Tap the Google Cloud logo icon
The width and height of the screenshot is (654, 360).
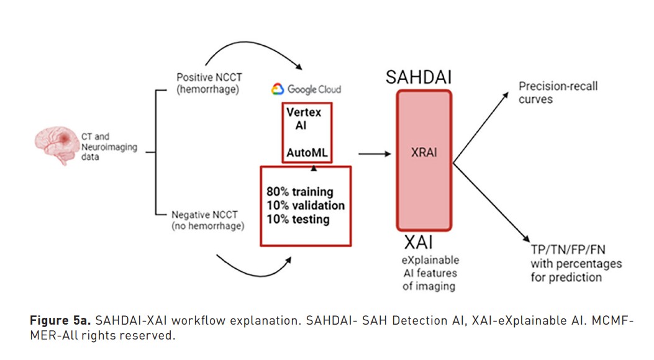point(278,89)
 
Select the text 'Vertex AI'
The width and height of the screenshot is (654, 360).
point(303,119)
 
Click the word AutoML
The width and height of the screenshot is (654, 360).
point(307,153)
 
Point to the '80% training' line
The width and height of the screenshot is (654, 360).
point(300,192)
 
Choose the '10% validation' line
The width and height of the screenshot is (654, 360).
point(306,205)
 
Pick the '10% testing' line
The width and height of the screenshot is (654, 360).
point(297,219)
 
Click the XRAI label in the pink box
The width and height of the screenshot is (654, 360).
point(424,153)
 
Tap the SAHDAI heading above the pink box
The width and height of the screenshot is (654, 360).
point(419,77)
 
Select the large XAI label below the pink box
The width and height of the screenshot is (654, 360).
point(419,242)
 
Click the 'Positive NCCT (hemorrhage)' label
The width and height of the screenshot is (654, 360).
point(209,83)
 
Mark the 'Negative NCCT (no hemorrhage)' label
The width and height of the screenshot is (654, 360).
point(207,220)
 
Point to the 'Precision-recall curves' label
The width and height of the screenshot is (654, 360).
point(558,92)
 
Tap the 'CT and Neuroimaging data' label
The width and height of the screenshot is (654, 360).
point(109,146)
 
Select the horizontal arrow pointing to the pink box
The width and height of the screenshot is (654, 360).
point(375,154)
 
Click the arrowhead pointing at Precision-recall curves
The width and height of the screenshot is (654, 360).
point(506,96)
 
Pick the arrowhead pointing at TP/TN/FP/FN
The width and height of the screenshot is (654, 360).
point(527,238)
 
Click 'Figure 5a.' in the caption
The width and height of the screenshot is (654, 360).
point(60,320)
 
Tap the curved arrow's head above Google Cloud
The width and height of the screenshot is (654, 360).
point(299,66)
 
